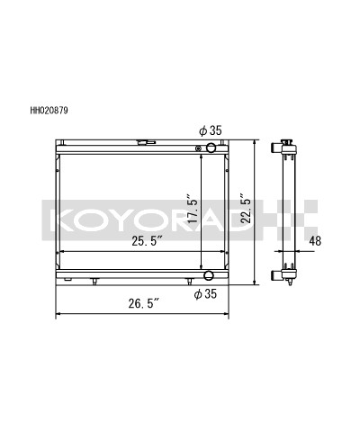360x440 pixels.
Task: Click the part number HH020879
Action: point(49,111)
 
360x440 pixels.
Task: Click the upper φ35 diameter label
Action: point(211,130)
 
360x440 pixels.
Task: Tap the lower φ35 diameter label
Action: point(205,294)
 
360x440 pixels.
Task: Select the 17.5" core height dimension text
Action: point(193,209)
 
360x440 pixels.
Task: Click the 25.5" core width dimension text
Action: point(148,241)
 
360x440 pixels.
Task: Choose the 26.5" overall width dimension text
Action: point(143,303)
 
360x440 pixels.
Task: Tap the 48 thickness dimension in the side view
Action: point(315,241)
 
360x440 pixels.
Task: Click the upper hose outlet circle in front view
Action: point(211,148)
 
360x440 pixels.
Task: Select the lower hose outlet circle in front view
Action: point(209,274)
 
